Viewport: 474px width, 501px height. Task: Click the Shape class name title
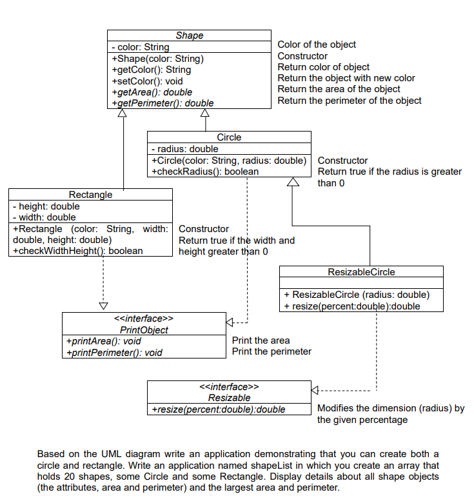click(x=189, y=35)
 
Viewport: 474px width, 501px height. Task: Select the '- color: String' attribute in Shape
click(x=141, y=47)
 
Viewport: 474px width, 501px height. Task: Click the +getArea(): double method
click(x=152, y=92)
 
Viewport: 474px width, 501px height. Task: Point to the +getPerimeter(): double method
click(x=163, y=103)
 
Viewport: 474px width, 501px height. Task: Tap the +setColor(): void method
click(x=147, y=81)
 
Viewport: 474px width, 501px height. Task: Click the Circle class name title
click(x=229, y=137)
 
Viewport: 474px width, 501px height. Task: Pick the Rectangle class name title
click(x=90, y=194)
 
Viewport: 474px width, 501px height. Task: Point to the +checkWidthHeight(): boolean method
click(x=78, y=250)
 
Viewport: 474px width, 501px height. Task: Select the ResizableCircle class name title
click(x=361, y=271)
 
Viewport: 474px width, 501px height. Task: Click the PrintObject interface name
click(x=144, y=329)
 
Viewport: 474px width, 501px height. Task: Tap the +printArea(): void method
click(x=104, y=341)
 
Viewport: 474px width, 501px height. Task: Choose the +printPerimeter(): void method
click(x=114, y=352)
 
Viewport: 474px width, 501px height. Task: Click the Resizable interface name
click(x=229, y=398)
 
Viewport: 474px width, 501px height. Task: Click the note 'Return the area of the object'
click(x=339, y=89)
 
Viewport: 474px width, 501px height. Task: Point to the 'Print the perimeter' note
click(x=272, y=351)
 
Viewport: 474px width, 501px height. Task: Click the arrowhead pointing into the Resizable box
click(x=315, y=390)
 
